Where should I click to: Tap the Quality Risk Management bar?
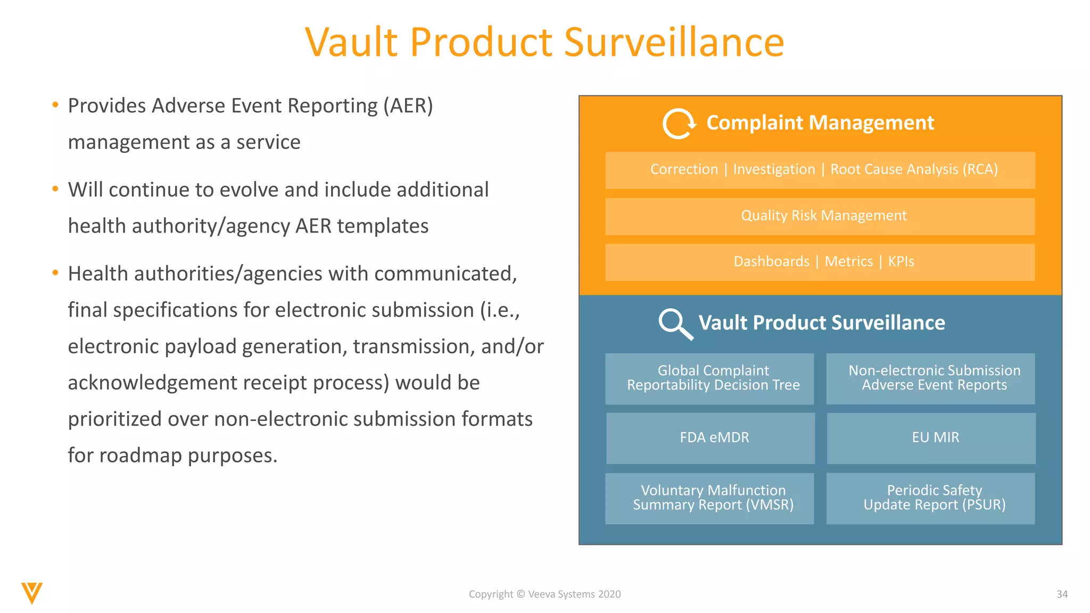pos(820,216)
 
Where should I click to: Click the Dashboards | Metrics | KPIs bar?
pos(820,262)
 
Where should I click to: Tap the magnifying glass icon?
pos(675,324)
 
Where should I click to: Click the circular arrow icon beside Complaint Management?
pos(679,124)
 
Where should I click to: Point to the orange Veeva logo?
pos(32,593)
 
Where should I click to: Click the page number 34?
pos(1062,594)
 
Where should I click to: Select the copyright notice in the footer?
pos(544,594)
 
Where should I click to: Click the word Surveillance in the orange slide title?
pos(673,43)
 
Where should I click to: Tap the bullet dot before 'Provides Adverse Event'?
pos(55,105)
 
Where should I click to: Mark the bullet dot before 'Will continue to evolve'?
pos(55,189)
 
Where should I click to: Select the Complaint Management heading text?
pos(820,123)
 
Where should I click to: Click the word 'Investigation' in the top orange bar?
pos(774,170)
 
